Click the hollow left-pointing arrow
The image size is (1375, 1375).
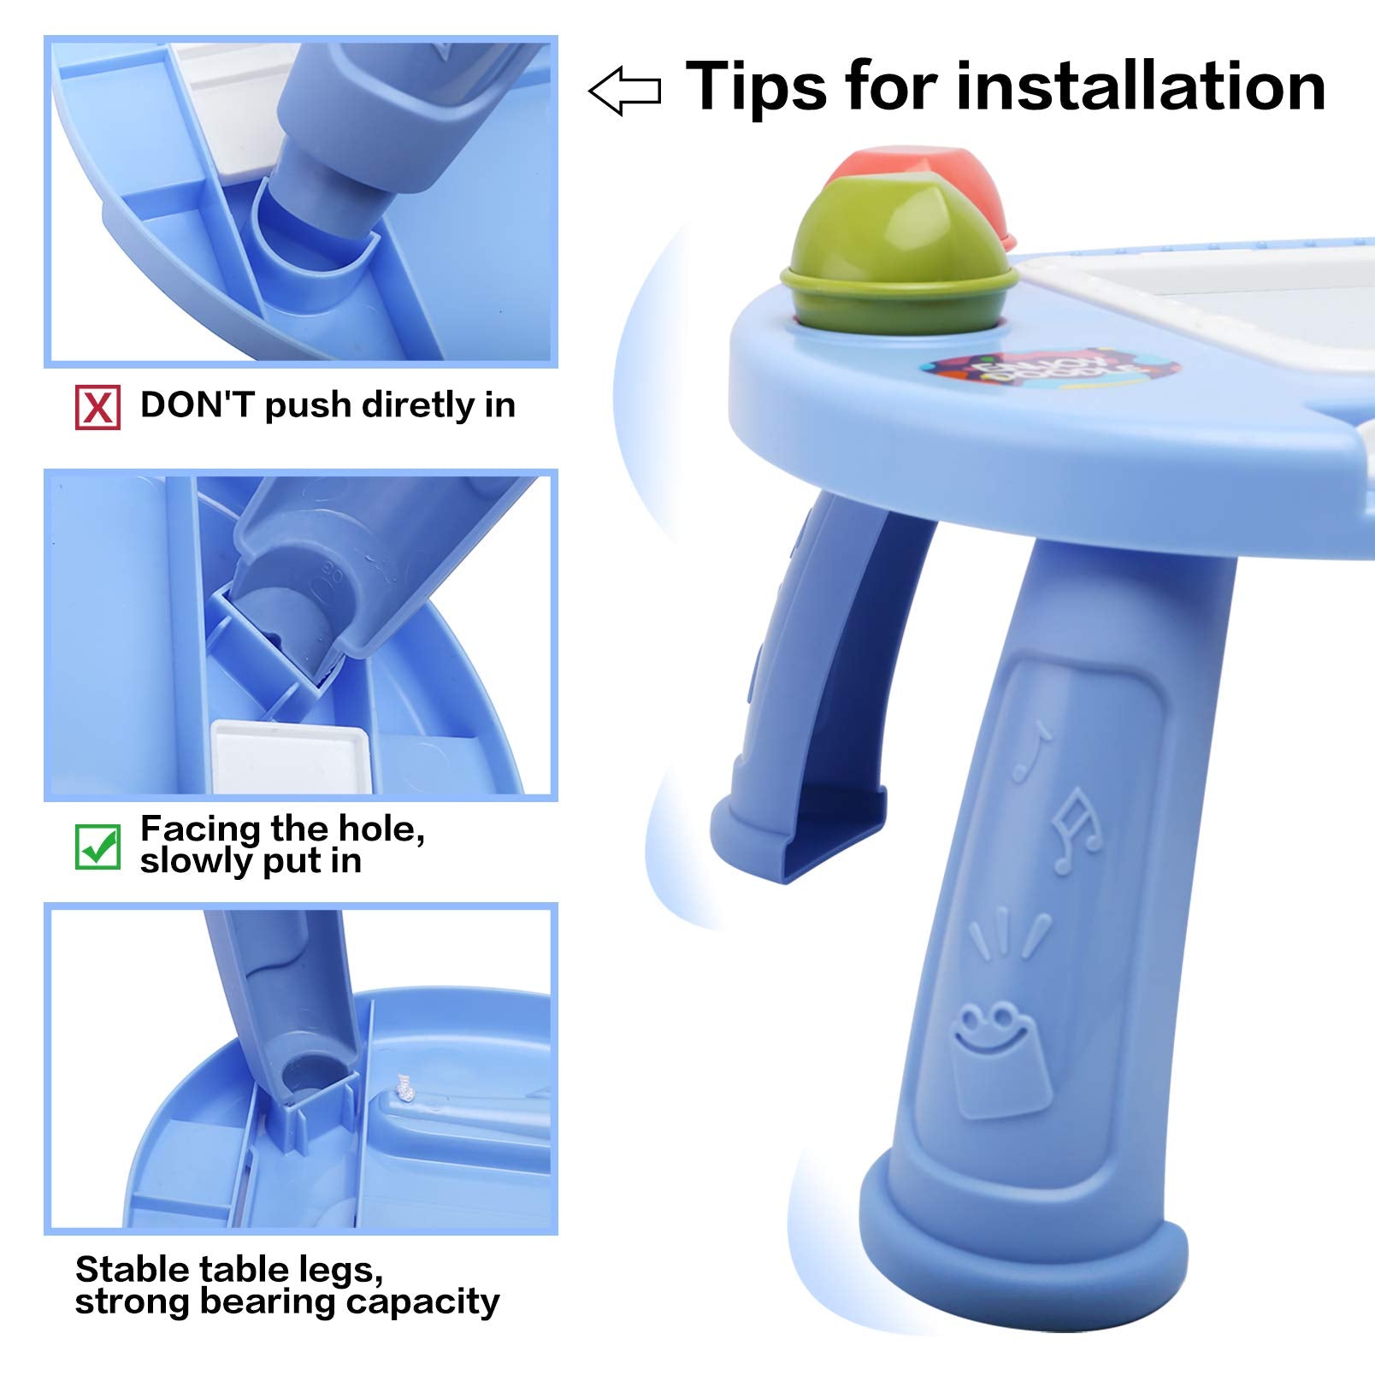click(624, 91)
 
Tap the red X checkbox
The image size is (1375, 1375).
click(97, 407)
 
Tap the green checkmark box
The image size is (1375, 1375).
click(97, 847)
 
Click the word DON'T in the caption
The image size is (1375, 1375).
click(198, 404)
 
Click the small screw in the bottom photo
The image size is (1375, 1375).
click(403, 1088)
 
